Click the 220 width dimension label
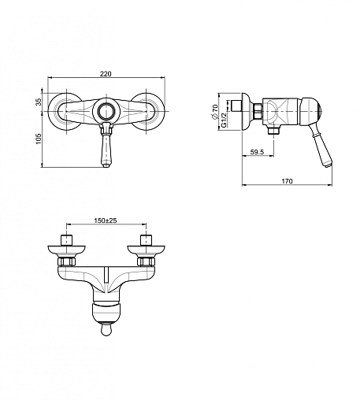click(106, 74)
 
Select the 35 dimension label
click(39, 102)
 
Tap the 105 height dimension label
click(39, 139)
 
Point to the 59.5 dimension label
click(257, 152)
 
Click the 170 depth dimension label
click(287, 181)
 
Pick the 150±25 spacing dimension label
click(106, 220)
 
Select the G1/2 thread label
click(224, 120)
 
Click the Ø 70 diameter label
click(215, 112)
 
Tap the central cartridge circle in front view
click(106, 111)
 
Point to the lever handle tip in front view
click(106, 165)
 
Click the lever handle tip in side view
click(329, 165)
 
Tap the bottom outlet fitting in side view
click(273, 130)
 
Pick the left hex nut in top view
click(66, 261)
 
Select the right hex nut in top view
click(146, 261)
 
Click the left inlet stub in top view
click(67, 240)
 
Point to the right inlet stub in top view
click(147, 240)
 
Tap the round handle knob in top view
click(106, 330)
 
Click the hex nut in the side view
click(258, 112)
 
